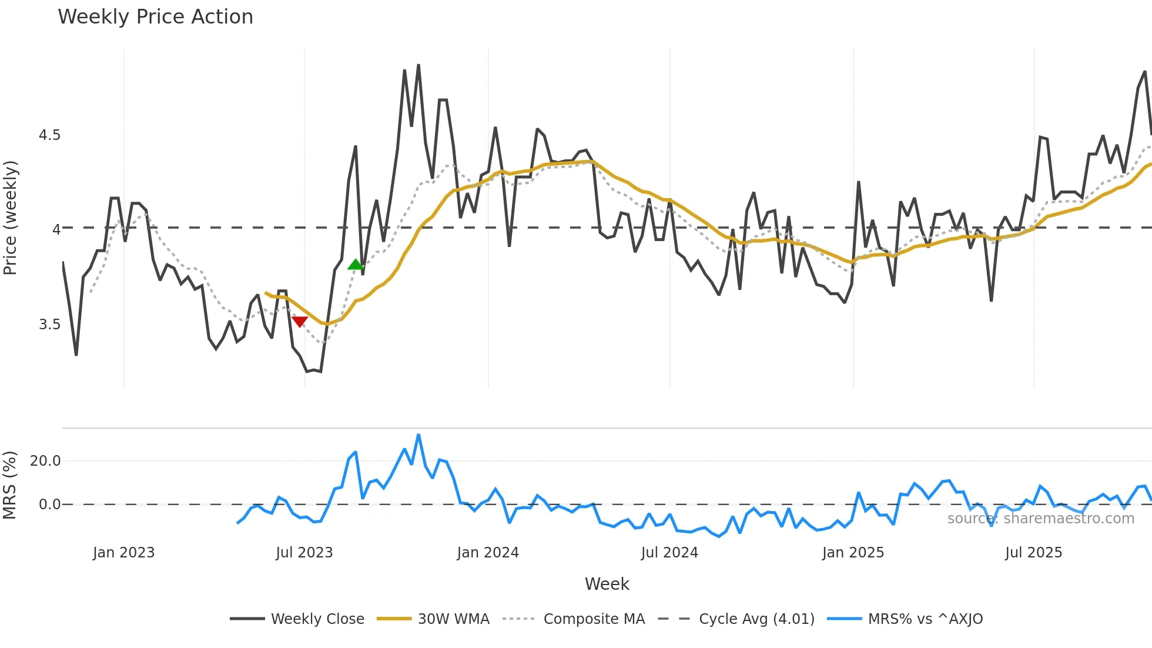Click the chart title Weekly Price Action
coord(155,17)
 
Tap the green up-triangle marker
coord(356,265)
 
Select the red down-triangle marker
coord(300,322)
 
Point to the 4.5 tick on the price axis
coord(49,135)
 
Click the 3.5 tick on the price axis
coord(49,325)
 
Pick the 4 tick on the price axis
coord(56,229)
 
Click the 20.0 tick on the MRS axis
coord(45,461)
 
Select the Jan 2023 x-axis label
coord(123,553)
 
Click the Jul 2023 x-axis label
coord(304,553)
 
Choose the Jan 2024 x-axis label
coord(488,553)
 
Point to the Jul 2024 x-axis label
coord(669,553)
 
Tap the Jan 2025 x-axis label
coord(853,553)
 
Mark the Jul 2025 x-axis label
coord(1034,553)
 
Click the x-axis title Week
coord(607,584)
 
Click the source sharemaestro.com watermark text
coord(1040,519)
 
